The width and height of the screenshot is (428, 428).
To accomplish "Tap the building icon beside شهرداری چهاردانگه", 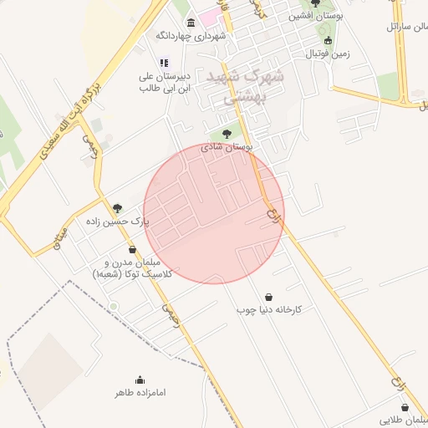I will (x=191, y=22).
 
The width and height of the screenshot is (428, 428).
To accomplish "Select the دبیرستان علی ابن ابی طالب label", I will (x=165, y=81).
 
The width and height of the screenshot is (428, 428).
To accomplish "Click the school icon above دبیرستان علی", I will (x=164, y=63).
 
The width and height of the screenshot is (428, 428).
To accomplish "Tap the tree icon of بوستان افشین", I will (x=315, y=3).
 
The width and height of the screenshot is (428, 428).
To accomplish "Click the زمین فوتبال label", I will (x=326, y=53).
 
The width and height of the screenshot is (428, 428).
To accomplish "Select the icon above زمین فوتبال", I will (x=327, y=40).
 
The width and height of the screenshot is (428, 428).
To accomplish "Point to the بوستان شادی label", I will (x=227, y=146).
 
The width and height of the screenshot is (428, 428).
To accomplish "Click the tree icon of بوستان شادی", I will (x=227, y=133).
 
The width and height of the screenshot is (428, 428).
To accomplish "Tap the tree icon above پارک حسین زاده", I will (x=117, y=208).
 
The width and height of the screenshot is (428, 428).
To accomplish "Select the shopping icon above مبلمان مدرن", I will (x=132, y=249).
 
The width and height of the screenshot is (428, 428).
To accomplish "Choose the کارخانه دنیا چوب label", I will (x=268, y=309).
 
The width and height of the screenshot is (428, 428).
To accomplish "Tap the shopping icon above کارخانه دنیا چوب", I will (x=268, y=297).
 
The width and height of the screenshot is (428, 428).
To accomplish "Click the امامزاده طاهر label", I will (x=138, y=391).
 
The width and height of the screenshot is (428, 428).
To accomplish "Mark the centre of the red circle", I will (x=214, y=213).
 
